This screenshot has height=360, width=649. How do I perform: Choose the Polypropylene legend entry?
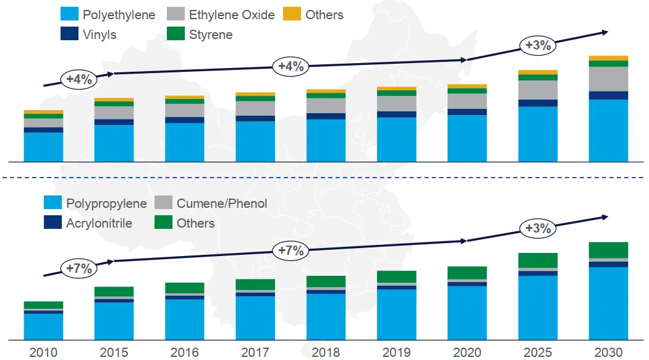tap(96, 204)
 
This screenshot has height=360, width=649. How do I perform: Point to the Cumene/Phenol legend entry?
tap(211, 204)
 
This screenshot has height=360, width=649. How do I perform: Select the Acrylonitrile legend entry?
tap(88, 223)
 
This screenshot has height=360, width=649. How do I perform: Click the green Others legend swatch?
tap(163, 223)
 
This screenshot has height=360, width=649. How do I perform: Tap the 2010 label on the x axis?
tap(43, 352)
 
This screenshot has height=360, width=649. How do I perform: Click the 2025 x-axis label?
tap(538, 352)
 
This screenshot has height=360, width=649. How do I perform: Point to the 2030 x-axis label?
tap(608, 352)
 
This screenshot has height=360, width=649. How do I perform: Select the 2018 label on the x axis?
tap(326, 352)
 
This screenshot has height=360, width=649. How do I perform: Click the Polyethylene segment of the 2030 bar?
tap(608, 130)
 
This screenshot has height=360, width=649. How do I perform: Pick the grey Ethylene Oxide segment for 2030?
tap(608, 79)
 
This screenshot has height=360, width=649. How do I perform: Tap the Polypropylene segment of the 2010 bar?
tap(43, 327)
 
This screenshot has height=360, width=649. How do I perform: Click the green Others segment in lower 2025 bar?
tap(538, 260)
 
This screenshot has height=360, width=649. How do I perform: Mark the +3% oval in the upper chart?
tap(538, 45)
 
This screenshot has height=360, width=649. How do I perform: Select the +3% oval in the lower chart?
tap(538, 228)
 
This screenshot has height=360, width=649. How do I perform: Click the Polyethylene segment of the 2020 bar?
tap(467, 138)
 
